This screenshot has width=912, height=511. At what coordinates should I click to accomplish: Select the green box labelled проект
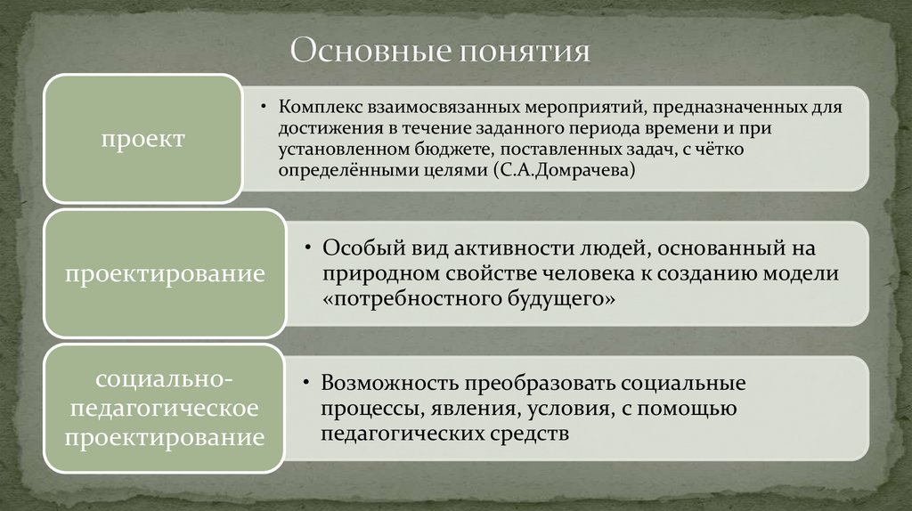click(x=142, y=139)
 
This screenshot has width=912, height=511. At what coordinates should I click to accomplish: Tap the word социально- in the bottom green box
click(x=165, y=380)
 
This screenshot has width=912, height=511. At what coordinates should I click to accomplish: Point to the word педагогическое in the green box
click(x=165, y=409)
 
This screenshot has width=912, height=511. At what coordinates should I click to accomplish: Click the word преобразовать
click(x=528, y=383)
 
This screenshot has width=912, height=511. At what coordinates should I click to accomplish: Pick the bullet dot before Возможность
click(x=306, y=384)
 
